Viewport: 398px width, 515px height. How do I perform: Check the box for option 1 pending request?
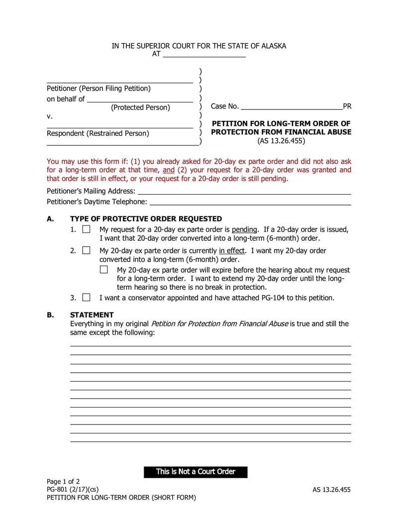pos(86,229)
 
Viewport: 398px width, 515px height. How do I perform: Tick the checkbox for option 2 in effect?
pos(86,251)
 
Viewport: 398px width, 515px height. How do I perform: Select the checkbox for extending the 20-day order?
pos(103,270)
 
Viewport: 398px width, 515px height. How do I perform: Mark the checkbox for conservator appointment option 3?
pos(86,298)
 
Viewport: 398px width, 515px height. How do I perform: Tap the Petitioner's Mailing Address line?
pos(244,191)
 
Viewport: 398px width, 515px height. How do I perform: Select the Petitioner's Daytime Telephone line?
pos(250,202)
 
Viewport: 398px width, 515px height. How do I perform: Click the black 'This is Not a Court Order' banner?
pos(196,472)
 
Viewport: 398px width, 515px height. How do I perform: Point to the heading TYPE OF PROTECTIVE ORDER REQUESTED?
pos(146,219)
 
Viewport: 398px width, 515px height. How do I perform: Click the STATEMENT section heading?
pos(92,315)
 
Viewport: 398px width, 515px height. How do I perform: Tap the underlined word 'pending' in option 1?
pos(244,229)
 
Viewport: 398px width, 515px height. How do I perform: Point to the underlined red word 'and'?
pos(169,170)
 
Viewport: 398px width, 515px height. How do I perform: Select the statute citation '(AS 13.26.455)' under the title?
pos(281,141)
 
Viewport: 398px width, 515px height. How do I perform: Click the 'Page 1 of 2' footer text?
pos(63,481)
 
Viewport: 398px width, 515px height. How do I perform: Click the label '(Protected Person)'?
pos(140,107)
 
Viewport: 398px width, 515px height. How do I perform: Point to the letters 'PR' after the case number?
pos(347,106)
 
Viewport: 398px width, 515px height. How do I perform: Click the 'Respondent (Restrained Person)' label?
pos(98,133)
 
